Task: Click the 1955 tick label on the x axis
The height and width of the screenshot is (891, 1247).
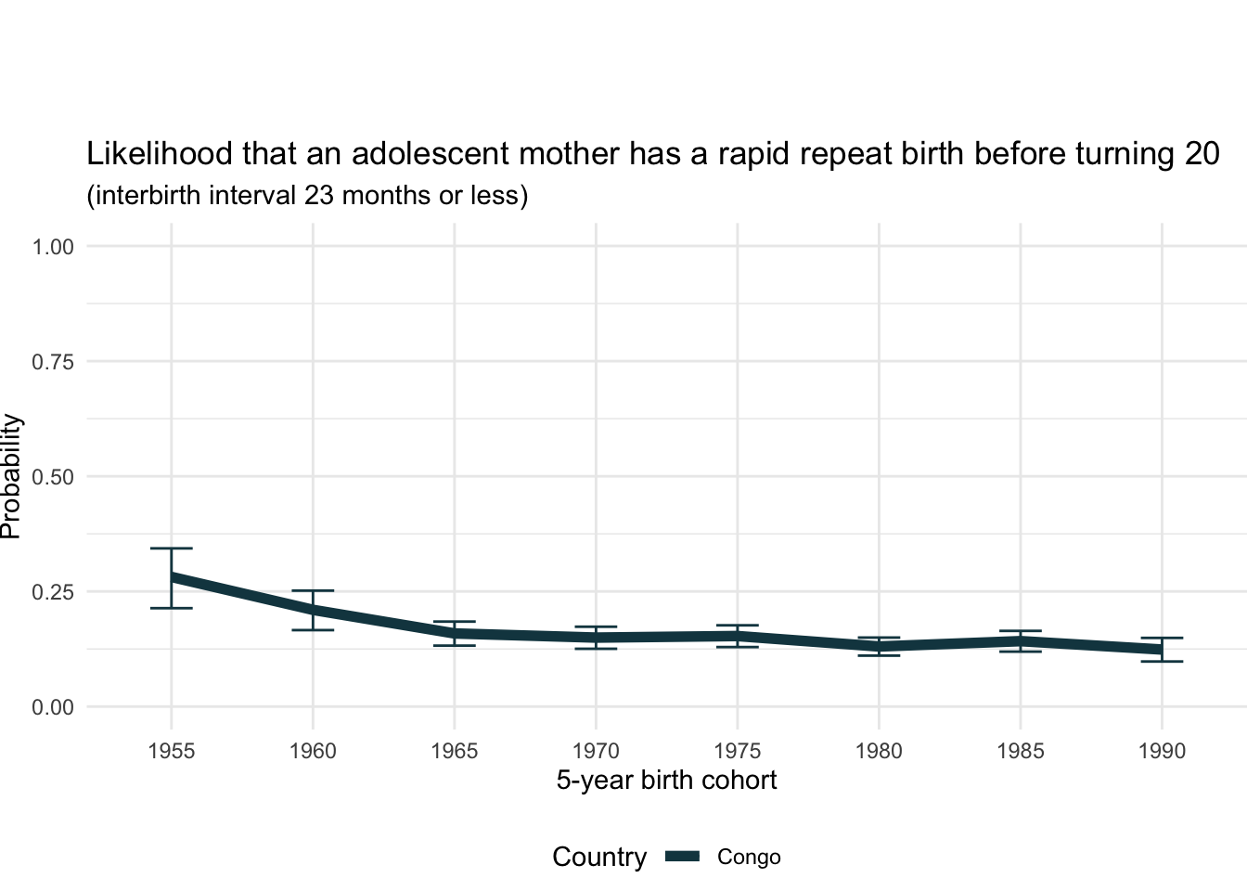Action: click(172, 751)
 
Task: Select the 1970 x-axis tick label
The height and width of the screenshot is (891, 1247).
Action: click(596, 751)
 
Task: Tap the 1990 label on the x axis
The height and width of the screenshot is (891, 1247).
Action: click(1162, 751)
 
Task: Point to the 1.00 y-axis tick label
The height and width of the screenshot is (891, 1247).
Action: click(53, 247)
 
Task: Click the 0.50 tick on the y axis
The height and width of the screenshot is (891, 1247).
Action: click(53, 477)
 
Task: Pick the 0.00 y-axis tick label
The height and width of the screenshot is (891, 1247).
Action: click(53, 707)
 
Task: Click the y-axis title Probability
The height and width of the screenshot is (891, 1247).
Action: click(11, 476)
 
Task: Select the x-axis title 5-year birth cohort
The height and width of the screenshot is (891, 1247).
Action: click(666, 781)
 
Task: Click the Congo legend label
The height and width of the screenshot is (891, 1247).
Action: click(749, 858)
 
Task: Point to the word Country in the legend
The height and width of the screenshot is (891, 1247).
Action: click(599, 858)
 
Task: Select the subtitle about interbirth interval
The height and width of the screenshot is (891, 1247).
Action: click(307, 196)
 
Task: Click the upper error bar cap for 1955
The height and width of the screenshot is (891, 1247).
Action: click(172, 549)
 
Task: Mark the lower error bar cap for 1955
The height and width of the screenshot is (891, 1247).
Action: click(172, 608)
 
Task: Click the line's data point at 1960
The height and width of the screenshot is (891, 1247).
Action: click(313, 610)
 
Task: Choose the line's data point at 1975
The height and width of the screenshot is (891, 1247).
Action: click(738, 636)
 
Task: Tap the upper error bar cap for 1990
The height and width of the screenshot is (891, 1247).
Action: click(1162, 638)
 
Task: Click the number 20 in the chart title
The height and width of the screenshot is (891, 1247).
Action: click(1202, 154)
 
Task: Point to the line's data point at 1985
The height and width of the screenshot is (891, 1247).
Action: click(1021, 641)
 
